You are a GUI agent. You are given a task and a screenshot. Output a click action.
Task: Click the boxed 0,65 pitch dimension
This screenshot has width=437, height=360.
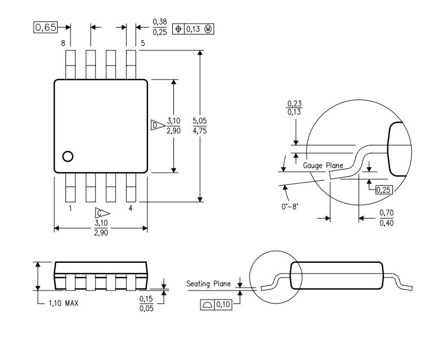[45, 27]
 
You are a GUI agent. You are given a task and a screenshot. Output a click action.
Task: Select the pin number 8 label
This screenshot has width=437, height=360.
[63, 43]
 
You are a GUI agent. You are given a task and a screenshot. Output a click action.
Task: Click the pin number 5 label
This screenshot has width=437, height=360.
[143, 43]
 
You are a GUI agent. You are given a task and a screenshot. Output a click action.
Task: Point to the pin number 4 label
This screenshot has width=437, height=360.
[130, 208]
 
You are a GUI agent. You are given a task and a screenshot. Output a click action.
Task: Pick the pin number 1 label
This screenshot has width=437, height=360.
[70, 208]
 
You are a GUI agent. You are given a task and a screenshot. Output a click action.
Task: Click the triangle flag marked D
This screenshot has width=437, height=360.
[158, 125]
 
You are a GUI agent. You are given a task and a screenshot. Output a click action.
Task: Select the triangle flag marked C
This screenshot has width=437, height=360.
[102, 214]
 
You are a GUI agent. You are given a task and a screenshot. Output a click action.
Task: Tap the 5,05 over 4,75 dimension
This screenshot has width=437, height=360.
[199, 125]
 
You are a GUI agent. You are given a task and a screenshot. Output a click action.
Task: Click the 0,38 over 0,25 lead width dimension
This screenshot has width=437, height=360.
[160, 27]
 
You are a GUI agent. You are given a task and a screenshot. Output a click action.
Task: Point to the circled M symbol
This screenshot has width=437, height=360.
[208, 29]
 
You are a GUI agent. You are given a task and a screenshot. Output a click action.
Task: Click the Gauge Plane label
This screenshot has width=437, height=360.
[323, 166]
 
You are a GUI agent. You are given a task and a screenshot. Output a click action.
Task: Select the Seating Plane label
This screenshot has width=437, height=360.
[208, 284]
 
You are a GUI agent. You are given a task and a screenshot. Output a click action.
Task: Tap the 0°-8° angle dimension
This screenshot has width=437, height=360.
[290, 206]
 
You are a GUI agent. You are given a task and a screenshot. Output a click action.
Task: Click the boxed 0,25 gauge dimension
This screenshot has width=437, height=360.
[384, 190]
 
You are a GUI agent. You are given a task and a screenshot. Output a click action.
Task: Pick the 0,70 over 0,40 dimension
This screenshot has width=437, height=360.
[387, 218]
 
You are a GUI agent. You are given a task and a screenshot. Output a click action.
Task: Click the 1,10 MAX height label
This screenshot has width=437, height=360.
[64, 303]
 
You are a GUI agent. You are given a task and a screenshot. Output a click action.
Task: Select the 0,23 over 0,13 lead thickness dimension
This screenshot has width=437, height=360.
[294, 108]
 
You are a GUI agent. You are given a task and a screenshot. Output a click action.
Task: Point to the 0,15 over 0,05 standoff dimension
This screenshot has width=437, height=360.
[146, 303]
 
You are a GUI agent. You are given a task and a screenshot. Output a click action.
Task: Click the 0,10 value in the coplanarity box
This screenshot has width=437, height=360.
[223, 305]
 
